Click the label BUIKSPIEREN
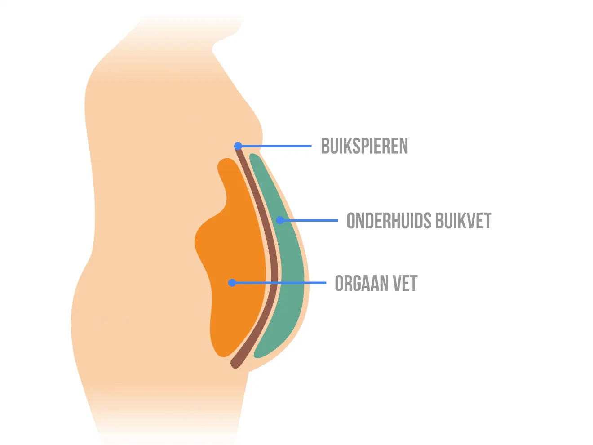(x=364, y=146)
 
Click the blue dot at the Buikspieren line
(x=238, y=146)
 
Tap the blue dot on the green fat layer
(x=280, y=220)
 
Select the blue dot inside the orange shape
(x=232, y=283)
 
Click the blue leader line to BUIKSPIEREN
(x=275, y=146)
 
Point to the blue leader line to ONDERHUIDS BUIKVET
(x=309, y=220)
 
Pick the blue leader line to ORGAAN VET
(x=279, y=283)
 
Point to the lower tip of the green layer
(x=257, y=356)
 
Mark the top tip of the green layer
(x=252, y=156)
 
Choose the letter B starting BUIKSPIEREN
(x=325, y=146)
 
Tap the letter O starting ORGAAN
(x=339, y=283)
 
